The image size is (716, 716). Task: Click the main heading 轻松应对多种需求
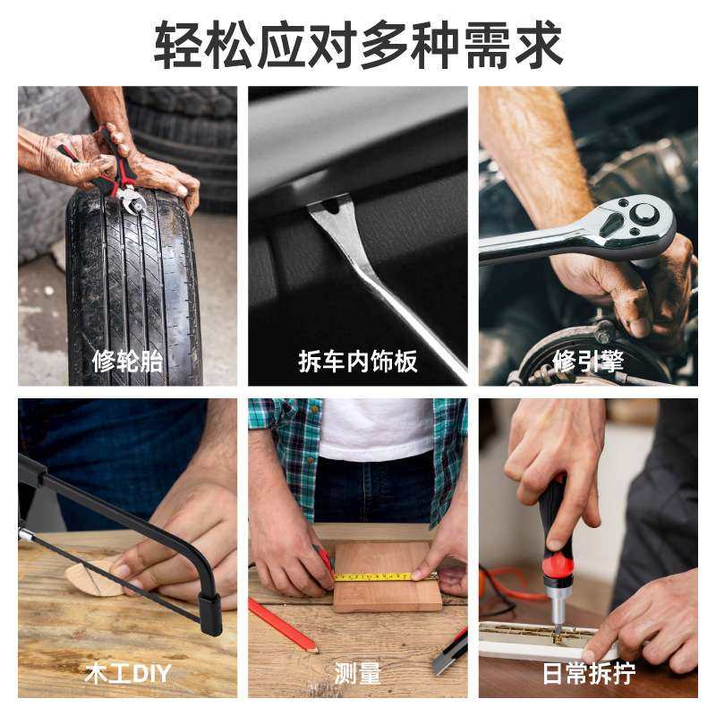tap(358, 43)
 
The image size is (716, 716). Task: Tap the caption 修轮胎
tap(127, 362)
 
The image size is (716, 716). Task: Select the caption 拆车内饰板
tap(358, 362)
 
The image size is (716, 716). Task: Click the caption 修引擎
tap(588, 362)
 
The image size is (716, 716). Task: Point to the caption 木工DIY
tap(127, 673)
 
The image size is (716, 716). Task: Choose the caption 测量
tap(358, 673)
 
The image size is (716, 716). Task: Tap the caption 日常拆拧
tap(588, 673)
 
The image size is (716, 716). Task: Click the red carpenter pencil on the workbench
tap(282, 624)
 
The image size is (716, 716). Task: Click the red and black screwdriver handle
tap(554, 537)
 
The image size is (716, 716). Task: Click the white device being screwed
tap(537, 640)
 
